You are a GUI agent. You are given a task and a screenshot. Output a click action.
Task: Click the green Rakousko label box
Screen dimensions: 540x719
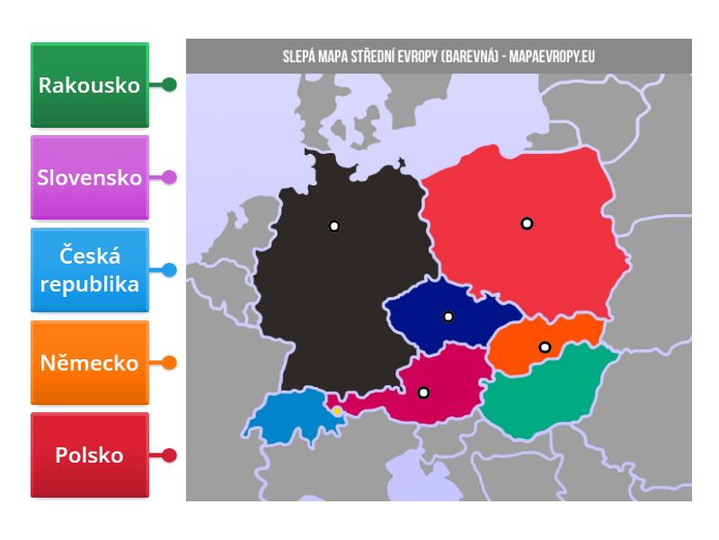click(89, 85)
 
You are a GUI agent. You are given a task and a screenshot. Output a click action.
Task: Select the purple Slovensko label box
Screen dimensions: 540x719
click(89, 177)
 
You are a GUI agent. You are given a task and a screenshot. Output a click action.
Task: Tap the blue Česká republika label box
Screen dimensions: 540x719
click(89, 270)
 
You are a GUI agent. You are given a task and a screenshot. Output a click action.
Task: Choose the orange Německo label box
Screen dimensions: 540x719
click(89, 363)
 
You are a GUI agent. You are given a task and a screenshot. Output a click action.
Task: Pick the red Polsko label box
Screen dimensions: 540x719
click(89, 455)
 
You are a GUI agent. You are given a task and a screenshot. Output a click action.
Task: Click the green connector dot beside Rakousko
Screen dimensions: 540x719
click(169, 85)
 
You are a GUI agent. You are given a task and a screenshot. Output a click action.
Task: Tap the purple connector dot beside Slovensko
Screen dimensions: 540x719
click(169, 177)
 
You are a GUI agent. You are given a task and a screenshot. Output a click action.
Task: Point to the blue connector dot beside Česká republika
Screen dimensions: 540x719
click(169, 270)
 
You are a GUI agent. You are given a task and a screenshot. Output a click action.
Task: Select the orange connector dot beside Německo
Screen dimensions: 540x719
click(169, 363)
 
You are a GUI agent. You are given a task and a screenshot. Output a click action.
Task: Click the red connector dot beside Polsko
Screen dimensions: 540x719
click(169, 455)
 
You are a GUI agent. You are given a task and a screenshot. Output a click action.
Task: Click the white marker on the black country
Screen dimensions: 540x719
click(334, 226)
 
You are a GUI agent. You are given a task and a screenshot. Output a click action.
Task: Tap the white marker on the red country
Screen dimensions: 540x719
click(527, 223)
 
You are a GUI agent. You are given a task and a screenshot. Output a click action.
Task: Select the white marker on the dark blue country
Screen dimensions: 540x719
click(448, 317)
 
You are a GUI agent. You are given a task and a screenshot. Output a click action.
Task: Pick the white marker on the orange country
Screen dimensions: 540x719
click(545, 347)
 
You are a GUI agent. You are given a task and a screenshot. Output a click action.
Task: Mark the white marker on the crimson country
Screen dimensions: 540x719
click(423, 392)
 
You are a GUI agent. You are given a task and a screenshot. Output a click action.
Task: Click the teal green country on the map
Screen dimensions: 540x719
click(539, 396)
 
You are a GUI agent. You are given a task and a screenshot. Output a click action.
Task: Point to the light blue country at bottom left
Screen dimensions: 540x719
click(283, 416)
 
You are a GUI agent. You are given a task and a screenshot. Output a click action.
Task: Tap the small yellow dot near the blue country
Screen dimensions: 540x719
click(337, 411)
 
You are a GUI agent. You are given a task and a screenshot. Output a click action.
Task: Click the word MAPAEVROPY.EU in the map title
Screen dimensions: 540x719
click(552, 57)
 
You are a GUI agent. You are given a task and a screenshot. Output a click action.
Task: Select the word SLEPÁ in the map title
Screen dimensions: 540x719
click(298, 57)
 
